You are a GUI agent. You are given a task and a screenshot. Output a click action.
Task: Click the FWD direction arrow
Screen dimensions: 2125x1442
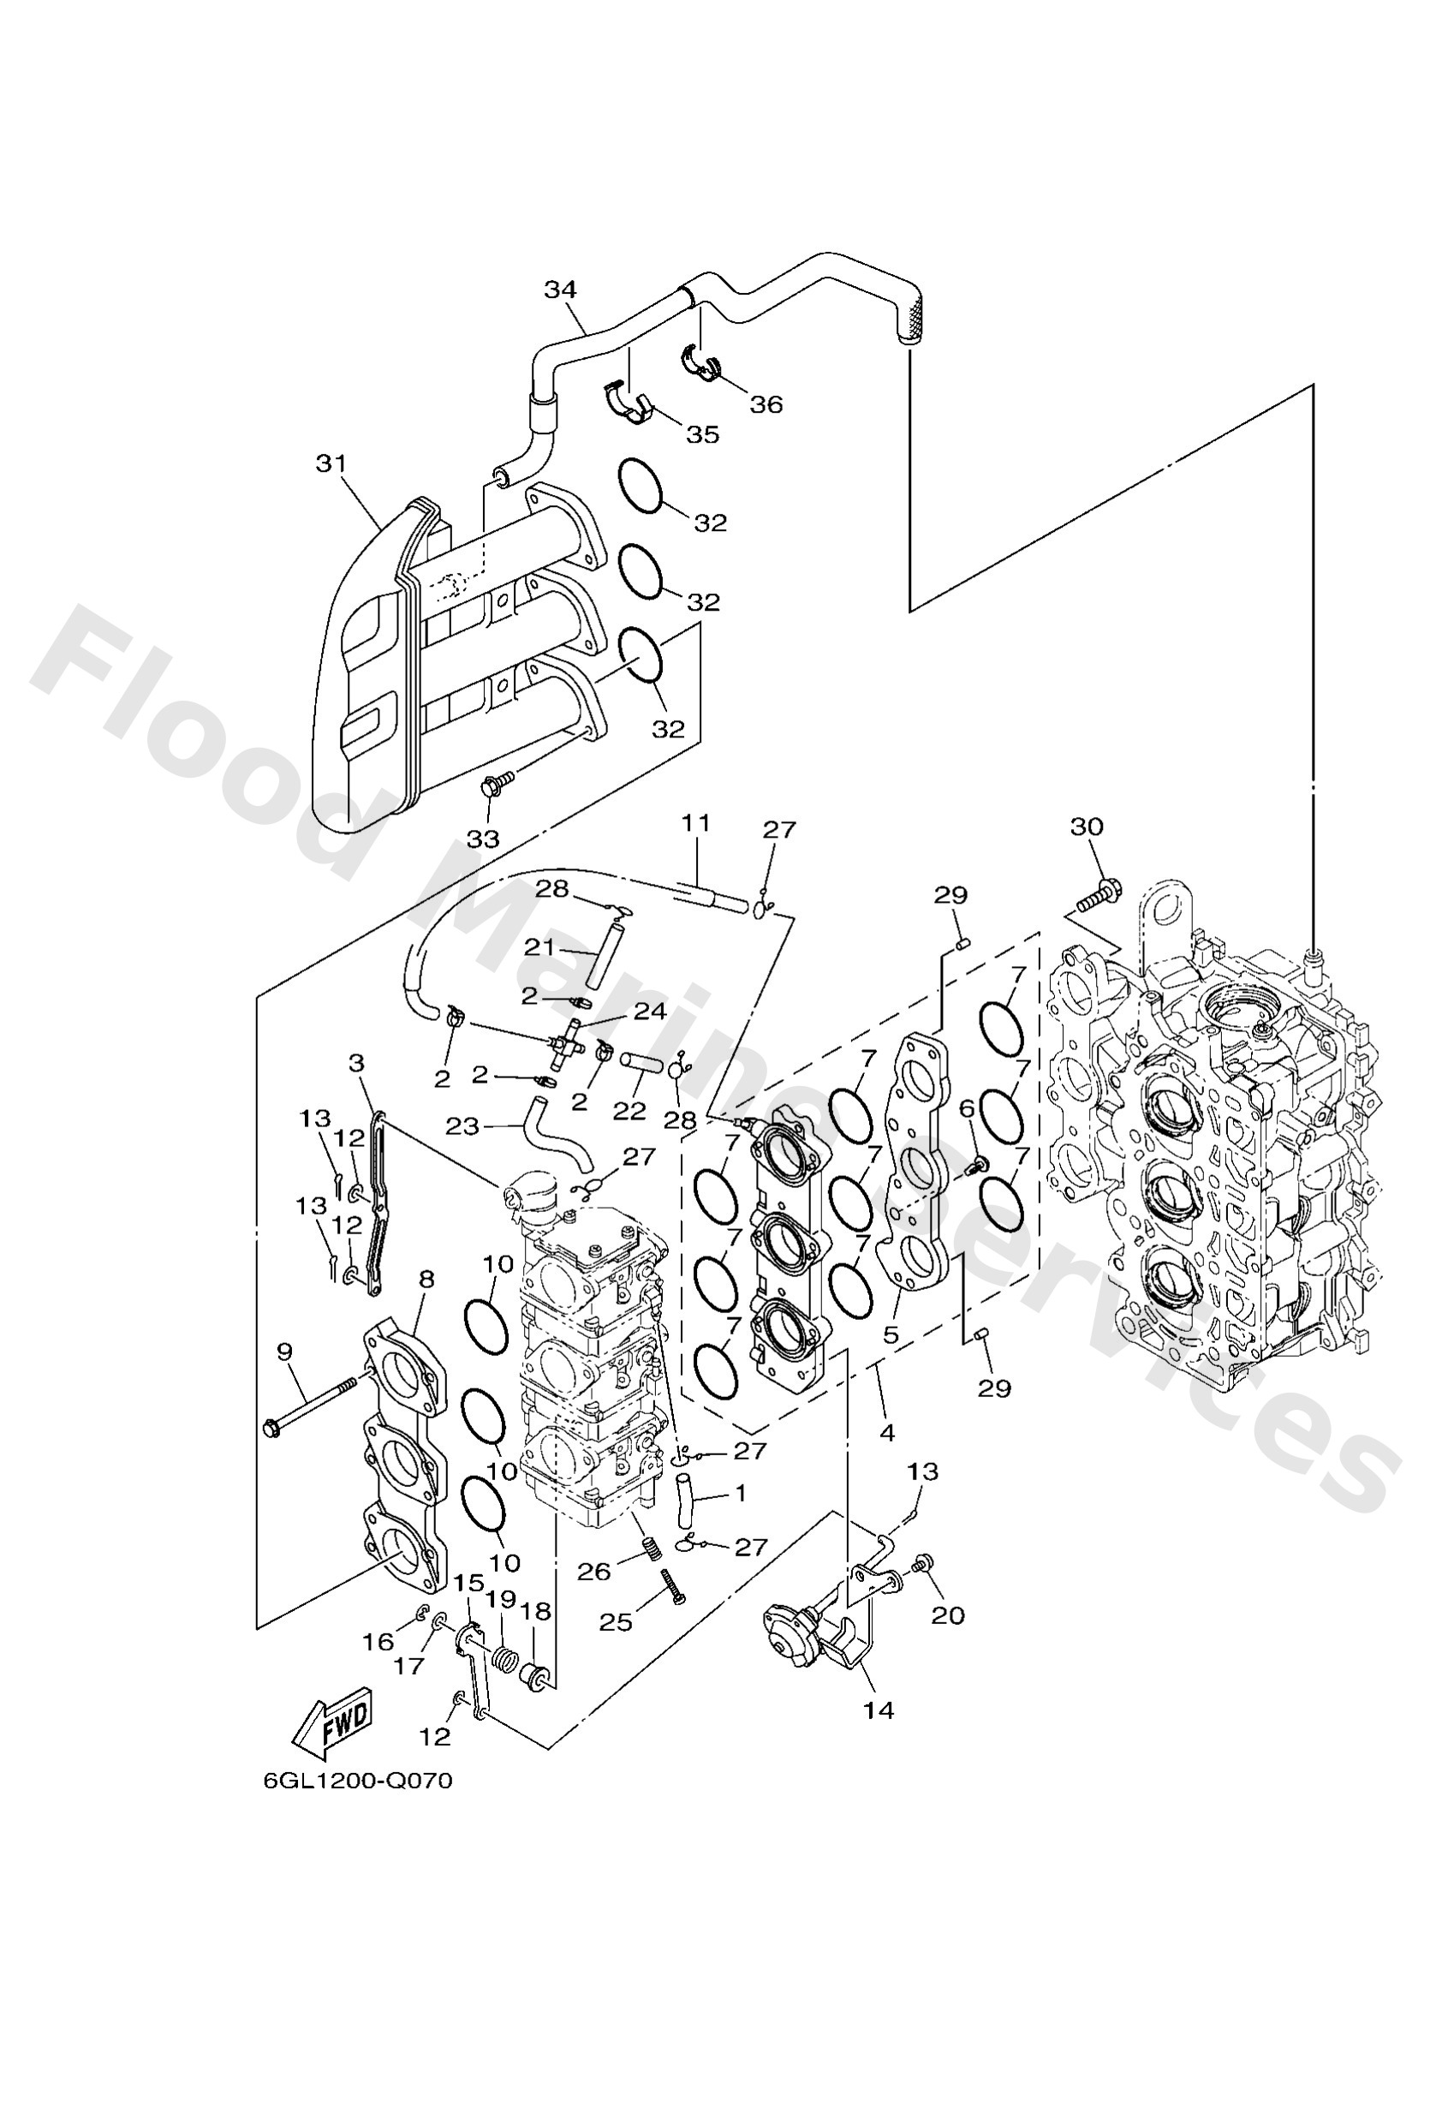coord(334,1720)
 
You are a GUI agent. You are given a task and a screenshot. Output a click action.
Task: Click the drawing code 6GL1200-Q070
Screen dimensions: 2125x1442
coord(358,1806)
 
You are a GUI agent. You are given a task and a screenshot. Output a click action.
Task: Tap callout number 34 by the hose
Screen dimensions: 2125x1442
coord(560,290)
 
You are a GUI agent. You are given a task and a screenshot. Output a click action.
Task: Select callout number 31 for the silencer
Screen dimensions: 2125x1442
coord(331,463)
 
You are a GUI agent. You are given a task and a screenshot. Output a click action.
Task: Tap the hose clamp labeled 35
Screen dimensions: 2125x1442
coord(629,403)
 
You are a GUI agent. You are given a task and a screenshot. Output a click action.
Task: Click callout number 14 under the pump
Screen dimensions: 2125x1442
coord(878,1710)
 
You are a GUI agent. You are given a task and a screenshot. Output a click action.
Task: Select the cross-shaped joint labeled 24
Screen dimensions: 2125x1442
coord(568,1045)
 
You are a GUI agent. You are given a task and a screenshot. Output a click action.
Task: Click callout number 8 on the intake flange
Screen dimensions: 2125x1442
coord(426,1278)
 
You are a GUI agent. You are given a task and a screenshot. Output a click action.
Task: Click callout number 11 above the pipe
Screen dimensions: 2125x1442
coord(695,822)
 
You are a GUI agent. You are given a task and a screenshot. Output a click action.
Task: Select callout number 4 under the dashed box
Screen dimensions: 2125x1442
coord(885,1434)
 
